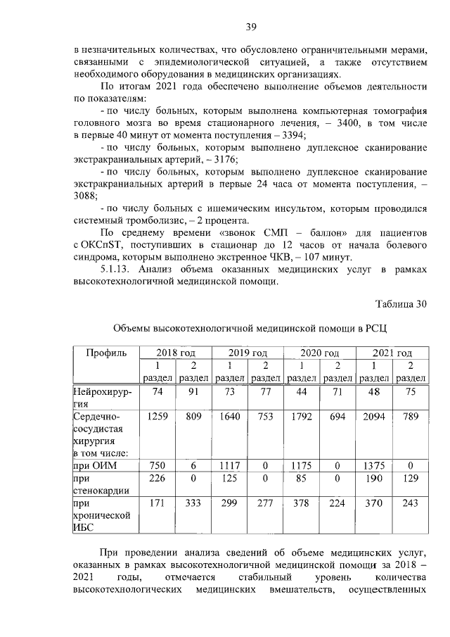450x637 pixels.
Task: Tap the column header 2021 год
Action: click(x=392, y=353)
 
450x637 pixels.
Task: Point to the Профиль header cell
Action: click(x=105, y=352)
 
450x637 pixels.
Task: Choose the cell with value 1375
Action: click(x=373, y=465)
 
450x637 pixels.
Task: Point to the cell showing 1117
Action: click(x=229, y=465)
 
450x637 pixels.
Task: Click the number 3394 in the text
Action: click(x=290, y=134)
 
